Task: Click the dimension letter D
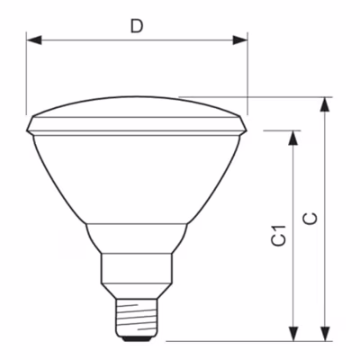(x=137, y=26)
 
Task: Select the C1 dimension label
(x=279, y=236)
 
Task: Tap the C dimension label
(x=310, y=219)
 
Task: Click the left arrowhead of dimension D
(x=34, y=40)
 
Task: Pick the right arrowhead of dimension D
(x=240, y=40)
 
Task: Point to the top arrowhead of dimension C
(x=325, y=104)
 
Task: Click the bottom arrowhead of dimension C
(x=325, y=333)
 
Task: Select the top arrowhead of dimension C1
(x=293, y=138)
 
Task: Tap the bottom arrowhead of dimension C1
(x=293, y=333)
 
